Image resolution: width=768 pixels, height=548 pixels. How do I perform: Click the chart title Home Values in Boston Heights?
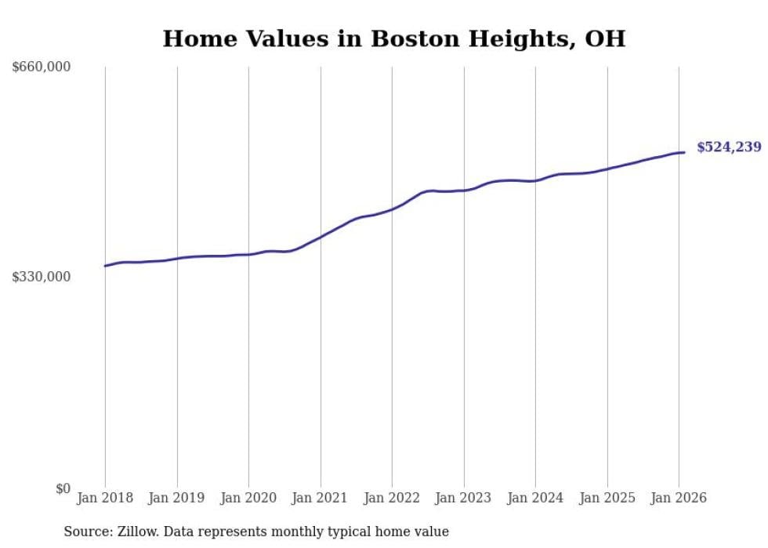tap(393, 39)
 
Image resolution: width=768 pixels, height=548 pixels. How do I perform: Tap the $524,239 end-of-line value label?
tap(728, 147)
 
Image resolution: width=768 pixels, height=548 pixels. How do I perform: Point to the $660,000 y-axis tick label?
tap(42, 67)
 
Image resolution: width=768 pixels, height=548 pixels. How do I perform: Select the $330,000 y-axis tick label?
tap(42, 277)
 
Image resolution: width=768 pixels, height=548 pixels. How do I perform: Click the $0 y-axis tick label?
tap(63, 488)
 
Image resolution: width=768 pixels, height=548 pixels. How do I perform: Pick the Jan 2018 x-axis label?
tap(105, 498)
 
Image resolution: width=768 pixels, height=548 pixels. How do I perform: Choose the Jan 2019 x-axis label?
tap(177, 498)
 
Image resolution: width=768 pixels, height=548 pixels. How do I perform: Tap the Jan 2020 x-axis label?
tap(248, 498)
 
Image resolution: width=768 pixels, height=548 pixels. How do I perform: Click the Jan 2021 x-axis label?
tap(321, 498)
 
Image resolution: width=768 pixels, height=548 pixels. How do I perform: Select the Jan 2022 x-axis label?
tap(392, 498)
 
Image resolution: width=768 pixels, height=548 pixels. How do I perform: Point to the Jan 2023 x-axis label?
tap(464, 498)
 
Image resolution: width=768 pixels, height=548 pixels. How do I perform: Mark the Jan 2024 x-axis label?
tap(535, 498)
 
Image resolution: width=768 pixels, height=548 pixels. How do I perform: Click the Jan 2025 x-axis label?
tap(607, 498)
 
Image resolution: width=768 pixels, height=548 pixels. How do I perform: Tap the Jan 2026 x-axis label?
tap(679, 498)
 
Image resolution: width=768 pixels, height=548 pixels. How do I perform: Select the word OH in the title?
tap(606, 39)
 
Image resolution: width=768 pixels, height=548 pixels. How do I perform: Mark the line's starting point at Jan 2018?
tap(105, 266)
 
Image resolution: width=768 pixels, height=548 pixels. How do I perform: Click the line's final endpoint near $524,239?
tap(684, 152)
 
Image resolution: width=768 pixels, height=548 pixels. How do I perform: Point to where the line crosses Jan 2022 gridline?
tap(392, 209)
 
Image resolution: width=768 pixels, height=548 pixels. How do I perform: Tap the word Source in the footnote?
tap(85, 532)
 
